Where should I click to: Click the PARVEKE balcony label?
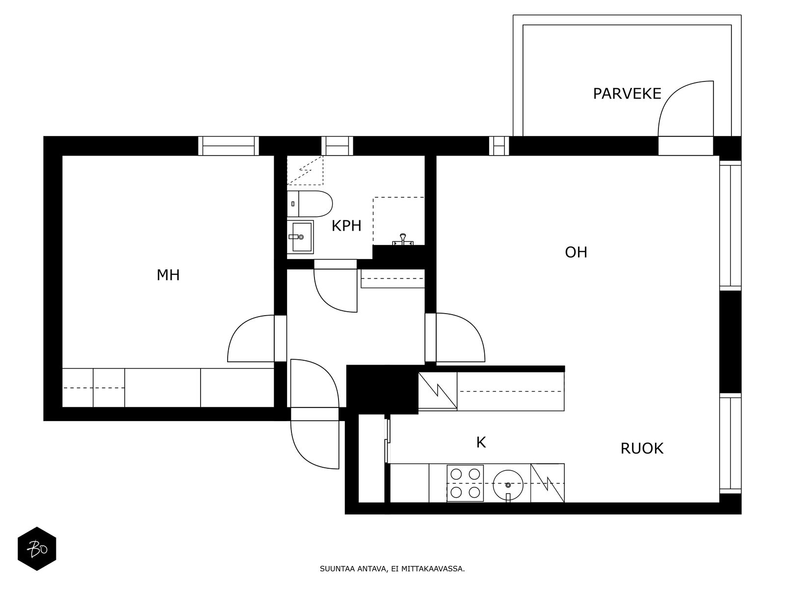click(x=627, y=94)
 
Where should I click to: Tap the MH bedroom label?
click(x=168, y=275)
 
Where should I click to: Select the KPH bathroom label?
click(x=346, y=226)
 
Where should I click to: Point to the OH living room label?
click(x=576, y=252)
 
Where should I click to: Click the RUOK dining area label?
click(x=642, y=449)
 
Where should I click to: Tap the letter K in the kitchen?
click(x=481, y=443)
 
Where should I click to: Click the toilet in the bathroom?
click(x=310, y=204)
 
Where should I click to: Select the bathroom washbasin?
click(x=300, y=237)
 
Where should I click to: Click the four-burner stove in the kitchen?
click(x=465, y=483)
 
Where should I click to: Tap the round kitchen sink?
click(x=508, y=484)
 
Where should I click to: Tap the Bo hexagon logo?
click(x=37, y=549)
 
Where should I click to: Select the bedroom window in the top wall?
click(x=229, y=146)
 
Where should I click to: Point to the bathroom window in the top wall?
click(x=337, y=146)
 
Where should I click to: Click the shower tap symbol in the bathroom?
click(x=403, y=240)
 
